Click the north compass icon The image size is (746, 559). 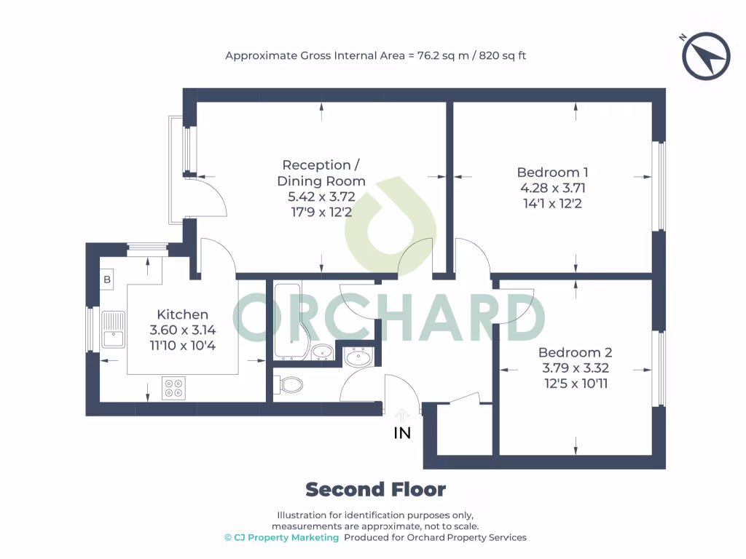[x=706, y=56]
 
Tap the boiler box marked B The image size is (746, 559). [x=107, y=279]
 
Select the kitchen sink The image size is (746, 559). [x=113, y=329]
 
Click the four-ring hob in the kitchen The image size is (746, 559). [x=173, y=387]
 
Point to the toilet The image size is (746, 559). [x=291, y=384]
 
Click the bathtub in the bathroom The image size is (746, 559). [x=290, y=320]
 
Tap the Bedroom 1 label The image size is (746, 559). [x=552, y=173]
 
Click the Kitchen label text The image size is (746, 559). [x=183, y=314]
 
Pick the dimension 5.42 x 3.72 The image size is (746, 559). [x=321, y=197]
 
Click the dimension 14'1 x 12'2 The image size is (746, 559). [x=552, y=203]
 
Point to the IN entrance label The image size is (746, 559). [x=402, y=433]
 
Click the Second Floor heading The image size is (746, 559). [x=375, y=490]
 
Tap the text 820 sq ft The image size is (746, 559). [x=502, y=55]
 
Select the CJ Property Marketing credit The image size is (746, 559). [x=281, y=538]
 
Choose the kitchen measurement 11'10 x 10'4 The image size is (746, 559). [x=183, y=345]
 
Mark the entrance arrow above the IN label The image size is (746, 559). [x=401, y=415]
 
